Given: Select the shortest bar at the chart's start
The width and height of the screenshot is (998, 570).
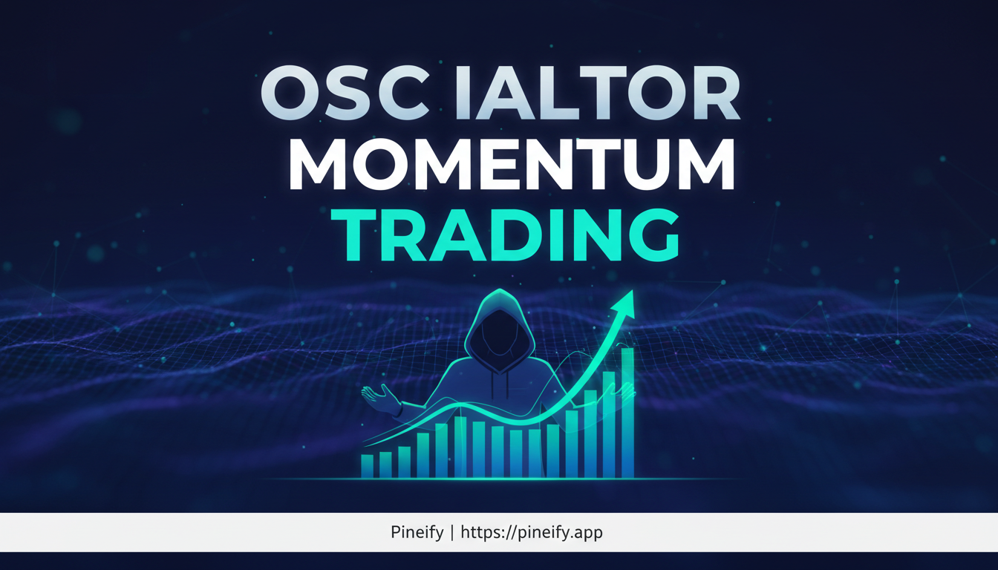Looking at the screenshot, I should click(x=367, y=465).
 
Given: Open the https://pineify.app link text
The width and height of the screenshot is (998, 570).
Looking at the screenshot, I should click(x=531, y=532).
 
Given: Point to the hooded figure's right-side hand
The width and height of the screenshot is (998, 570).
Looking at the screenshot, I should click(x=628, y=391).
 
